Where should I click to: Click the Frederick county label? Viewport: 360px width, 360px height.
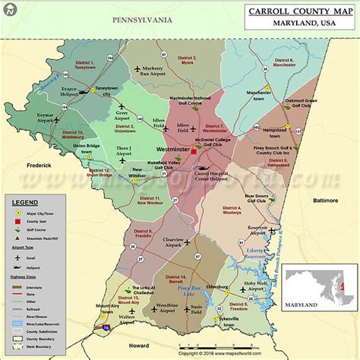(36, 164)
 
